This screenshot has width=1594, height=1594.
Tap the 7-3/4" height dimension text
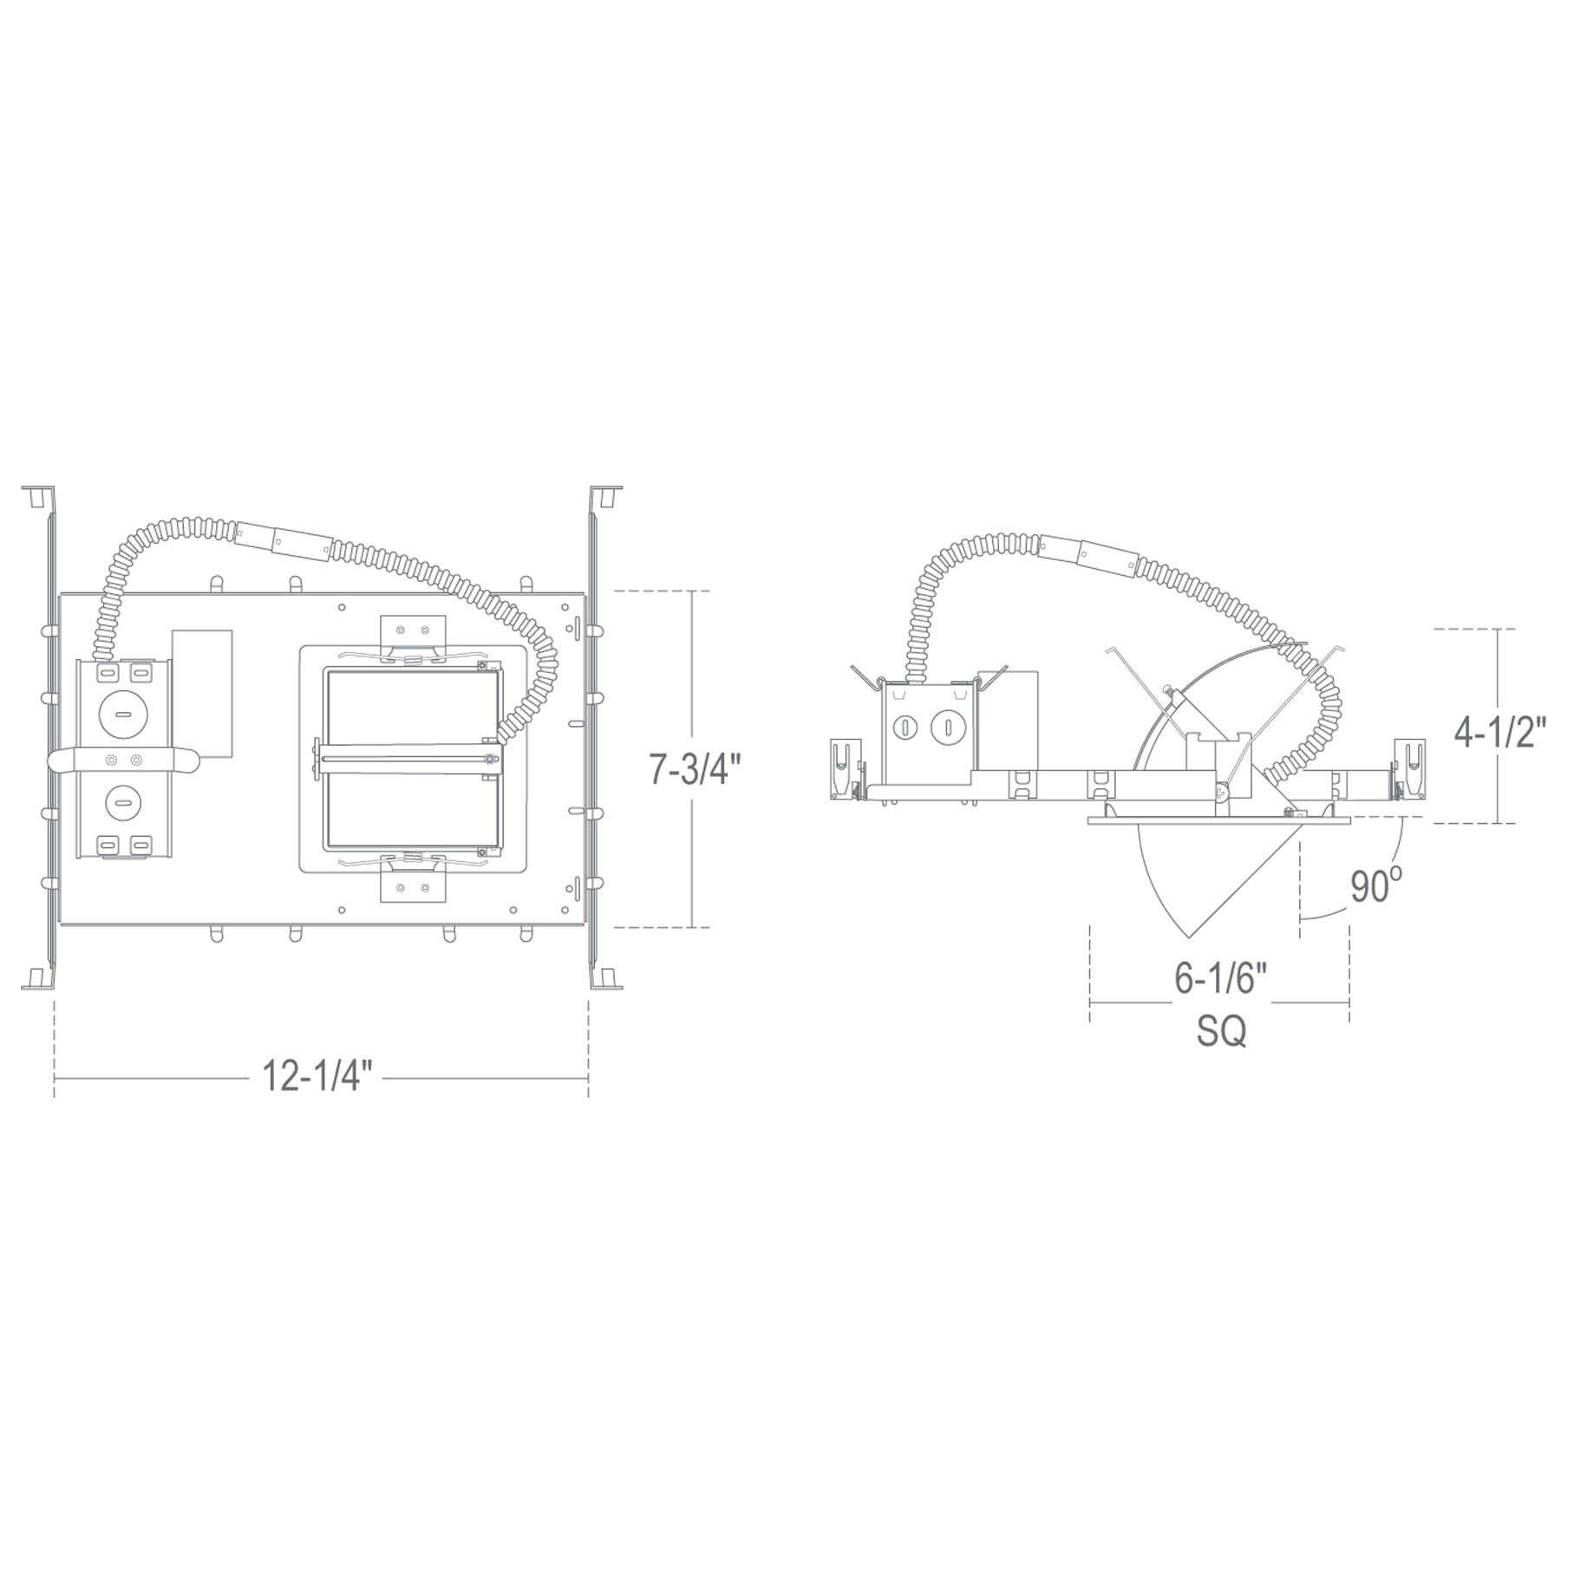click(x=696, y=768)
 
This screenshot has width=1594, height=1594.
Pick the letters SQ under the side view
click(x=1222, y=1031)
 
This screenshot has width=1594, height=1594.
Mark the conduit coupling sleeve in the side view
click(x=1088, y=554)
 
